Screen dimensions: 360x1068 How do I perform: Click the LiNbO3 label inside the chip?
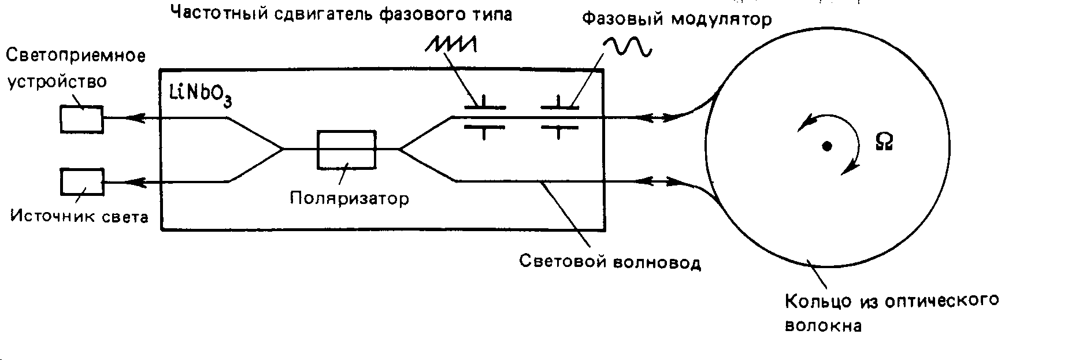click(201, 95)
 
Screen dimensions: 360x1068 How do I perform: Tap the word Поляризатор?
click(350, 198)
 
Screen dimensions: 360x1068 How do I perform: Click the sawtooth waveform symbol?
click(451, 44)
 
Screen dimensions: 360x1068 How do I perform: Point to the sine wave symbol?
click(628, 46)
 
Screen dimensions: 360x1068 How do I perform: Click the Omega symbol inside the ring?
click(884, 142)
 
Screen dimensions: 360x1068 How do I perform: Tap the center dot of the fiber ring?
click(827, 147)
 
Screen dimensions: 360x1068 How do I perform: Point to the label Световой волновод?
click(610, 262)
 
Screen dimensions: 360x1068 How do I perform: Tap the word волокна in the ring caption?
click(823, 326)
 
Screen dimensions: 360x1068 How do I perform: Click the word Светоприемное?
click(75, 56)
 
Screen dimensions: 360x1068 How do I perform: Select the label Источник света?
click(80, 217)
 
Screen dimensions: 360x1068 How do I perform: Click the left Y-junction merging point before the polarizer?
click(283, 149)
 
